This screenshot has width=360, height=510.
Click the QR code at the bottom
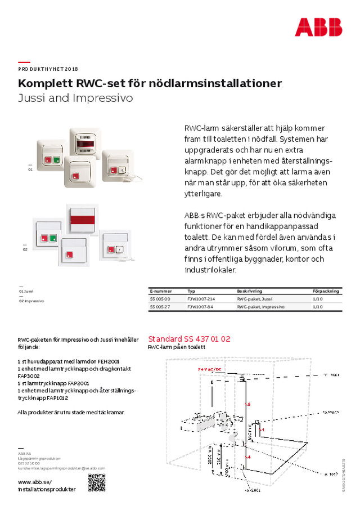pyautogui.click(x=97, y=482)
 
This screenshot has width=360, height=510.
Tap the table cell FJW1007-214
pyautogui.click(x=201, y=298)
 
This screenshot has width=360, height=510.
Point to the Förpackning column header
pyautogui.click(x=326, y=291)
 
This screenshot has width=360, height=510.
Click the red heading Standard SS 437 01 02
pyautogui.click(x=189, y=339)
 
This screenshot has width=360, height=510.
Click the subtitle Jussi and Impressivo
pyautogui.click(x=75, y=98)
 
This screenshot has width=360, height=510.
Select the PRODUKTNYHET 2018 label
pyautogui.click(x=48, y=69)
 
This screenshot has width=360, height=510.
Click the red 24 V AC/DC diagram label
pyautogui.click(x=210, y=369)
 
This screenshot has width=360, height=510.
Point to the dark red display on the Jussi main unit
pyautogui.click(x=88, y=144)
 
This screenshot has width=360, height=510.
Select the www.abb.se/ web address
pyautogui.click(x=35, y=481)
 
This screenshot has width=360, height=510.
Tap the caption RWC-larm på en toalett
pyautogui.click(x=176, y=348)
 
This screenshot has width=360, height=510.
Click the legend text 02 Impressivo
pyautogui.click(x=32, y=301)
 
